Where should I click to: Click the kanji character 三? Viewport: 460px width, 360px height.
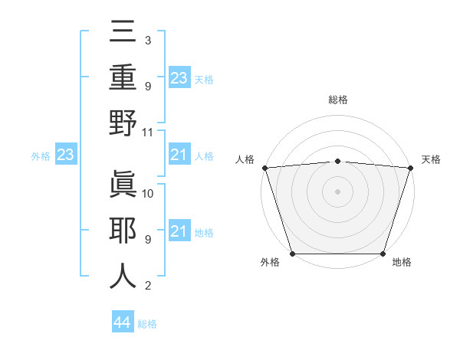(123, 33)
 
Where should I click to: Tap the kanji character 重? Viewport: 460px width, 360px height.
(123, 77)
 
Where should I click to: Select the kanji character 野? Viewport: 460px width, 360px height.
(123, 123)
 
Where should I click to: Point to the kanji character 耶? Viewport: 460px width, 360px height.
(123, 230)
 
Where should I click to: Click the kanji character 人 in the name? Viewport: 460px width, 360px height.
(123, 275)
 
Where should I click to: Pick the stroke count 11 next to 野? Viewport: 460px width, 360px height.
(148, 132)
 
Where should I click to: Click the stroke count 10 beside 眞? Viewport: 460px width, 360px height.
(148, 193)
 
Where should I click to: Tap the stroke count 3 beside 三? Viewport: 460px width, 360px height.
(147, 40)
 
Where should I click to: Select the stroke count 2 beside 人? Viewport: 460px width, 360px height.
(147, 286)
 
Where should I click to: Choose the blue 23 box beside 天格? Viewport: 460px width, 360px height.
(179, 78)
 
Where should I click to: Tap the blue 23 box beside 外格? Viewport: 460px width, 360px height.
(65, 155)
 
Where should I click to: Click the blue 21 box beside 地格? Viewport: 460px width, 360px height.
(179, 231)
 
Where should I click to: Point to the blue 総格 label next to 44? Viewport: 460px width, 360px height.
(147, 324)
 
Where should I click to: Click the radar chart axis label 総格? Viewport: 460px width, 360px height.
(337, 100)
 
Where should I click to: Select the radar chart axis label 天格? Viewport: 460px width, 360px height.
(431, 159)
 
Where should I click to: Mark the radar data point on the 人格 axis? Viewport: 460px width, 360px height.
(264, 167)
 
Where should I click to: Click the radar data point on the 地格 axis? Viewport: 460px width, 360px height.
(383, 253)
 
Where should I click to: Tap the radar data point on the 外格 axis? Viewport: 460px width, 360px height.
(292, 253)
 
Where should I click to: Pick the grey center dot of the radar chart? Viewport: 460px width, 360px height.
(337, 191)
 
